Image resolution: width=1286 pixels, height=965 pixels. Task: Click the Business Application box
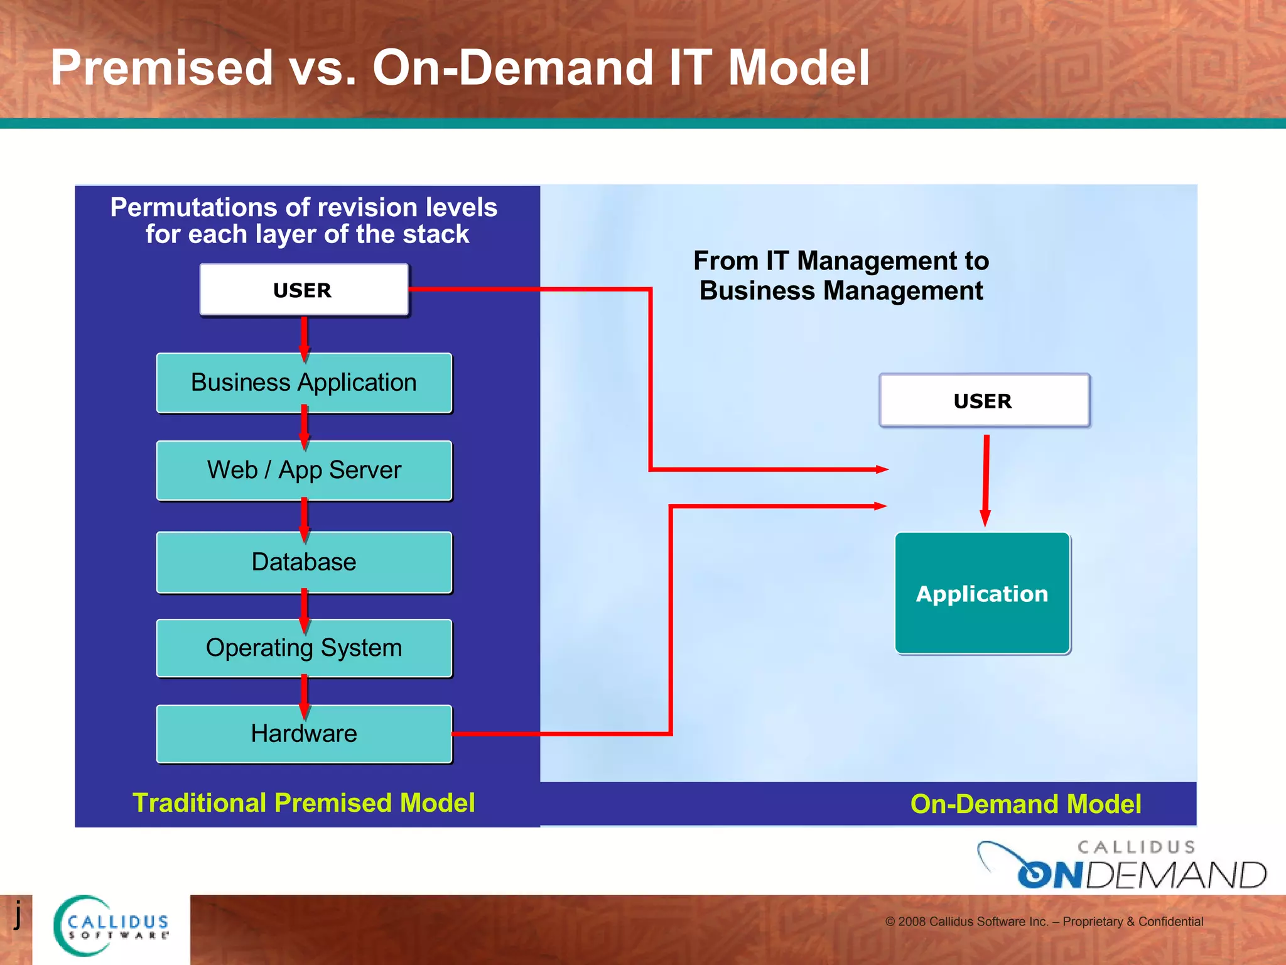point(304,383)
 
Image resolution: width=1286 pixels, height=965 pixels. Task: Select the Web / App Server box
point(304,470)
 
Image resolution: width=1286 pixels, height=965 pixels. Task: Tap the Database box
point(304,562)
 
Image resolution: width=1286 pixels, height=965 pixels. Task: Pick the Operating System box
point(304,648)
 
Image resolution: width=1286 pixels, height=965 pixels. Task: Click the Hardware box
point(304,733)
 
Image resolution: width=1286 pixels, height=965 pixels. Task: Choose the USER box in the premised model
point(304,290)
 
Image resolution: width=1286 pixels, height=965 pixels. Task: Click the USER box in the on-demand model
point(983,401)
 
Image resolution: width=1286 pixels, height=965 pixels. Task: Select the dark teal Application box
point(982,594)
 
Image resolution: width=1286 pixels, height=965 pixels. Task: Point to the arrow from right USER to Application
point(986,481)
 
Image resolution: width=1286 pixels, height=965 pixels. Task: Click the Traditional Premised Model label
point(304,803)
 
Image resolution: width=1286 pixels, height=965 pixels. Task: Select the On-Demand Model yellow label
point(1025,804)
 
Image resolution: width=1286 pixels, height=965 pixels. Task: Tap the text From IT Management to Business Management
point(841,276)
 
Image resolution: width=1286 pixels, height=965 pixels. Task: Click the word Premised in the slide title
point(162,68)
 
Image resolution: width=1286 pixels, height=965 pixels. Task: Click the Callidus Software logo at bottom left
point(112,926)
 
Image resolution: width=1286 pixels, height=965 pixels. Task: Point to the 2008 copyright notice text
point(1044,922)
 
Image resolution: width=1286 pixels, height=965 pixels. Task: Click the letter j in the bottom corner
point(18,913)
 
